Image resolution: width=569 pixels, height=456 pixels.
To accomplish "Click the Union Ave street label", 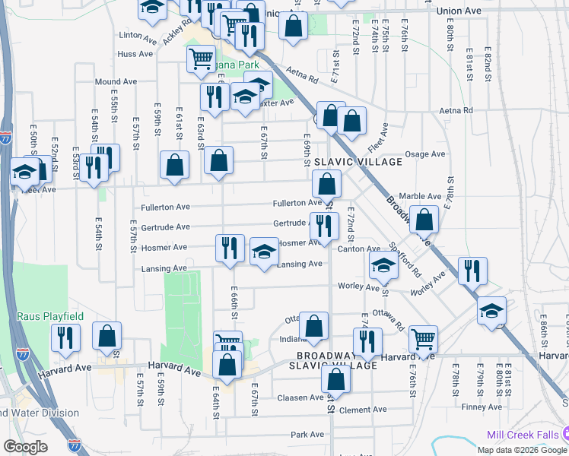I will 459,11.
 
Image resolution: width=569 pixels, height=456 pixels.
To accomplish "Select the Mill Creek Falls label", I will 523,435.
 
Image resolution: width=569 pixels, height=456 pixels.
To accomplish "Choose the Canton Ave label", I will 359,249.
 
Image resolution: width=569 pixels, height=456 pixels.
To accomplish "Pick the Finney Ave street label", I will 482,407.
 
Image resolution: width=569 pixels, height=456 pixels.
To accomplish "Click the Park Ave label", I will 307,435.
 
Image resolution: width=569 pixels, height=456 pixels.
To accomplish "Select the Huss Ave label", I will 135,54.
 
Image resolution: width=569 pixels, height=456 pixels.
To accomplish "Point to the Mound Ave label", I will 116,81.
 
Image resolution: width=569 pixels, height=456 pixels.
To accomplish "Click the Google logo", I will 25,446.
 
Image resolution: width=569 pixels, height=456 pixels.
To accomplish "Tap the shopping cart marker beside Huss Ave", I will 201,58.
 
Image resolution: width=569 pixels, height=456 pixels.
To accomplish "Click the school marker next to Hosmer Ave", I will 264,252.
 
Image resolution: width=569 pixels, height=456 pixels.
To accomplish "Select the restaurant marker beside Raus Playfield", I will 65,337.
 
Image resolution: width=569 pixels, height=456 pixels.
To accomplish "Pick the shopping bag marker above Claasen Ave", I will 335,378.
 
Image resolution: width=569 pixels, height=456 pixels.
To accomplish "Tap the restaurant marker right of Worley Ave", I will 472,271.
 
